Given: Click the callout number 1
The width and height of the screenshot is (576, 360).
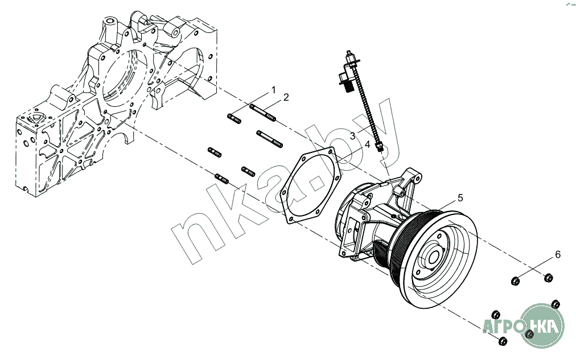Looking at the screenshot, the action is tap(273, 90).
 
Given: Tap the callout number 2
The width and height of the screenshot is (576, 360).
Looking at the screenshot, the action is tap(286, 97).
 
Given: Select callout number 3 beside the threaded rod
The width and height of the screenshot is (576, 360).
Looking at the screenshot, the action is tap(353, 136).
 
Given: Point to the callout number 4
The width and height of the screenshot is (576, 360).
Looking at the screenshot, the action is tap(368, 144).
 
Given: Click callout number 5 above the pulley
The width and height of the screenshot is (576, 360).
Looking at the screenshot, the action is tap(460, 197).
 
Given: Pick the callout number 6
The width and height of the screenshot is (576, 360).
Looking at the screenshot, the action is tap(558, 255).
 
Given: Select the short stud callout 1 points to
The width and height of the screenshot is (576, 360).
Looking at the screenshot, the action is tap(234, 118).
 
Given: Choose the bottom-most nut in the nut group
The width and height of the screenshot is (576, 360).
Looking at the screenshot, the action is tap(502, 341).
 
